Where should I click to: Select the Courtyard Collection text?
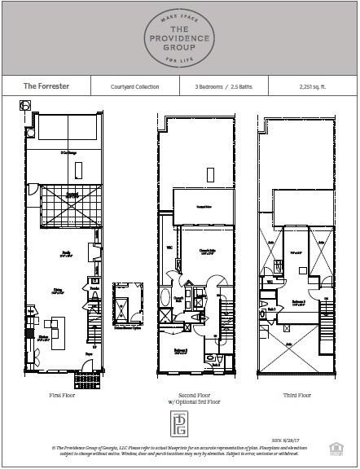tap(135, 85)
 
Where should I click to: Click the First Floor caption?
tap(62, 395)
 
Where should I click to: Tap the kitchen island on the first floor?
tap(59, 337)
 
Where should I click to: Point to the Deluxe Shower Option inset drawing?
tap(129, 303)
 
